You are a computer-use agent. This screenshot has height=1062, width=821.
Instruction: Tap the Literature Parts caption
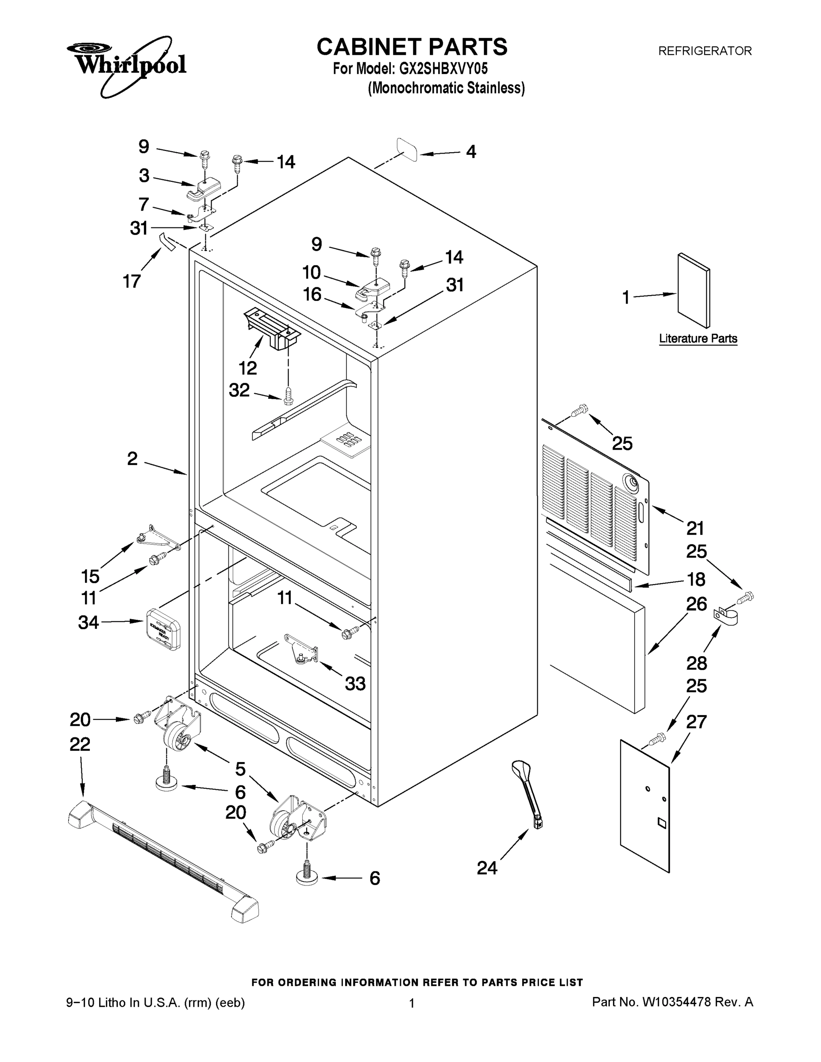click(698, 339)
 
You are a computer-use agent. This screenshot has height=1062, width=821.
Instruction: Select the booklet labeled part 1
click(694, 291)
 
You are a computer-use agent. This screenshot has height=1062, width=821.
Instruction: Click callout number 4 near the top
click(471, 152)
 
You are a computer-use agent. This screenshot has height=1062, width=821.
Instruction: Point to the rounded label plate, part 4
click(407, 149)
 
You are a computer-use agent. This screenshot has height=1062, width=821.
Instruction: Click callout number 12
click(247, 368)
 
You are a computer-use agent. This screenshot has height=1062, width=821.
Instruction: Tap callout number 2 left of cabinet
click(132, 458)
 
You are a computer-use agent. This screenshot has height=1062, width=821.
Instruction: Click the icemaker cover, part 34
click(163, 628)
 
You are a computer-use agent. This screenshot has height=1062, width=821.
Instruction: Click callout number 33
click(355, 684)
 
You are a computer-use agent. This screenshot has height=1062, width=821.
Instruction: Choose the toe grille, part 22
click(163, 862)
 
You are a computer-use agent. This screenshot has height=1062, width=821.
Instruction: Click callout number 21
click(695, 527)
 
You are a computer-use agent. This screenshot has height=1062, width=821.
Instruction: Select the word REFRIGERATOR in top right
click(705, 50)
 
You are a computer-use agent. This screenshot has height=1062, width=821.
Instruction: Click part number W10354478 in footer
click(677, 1002)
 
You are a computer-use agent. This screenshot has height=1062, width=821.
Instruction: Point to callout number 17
click(132, 281)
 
